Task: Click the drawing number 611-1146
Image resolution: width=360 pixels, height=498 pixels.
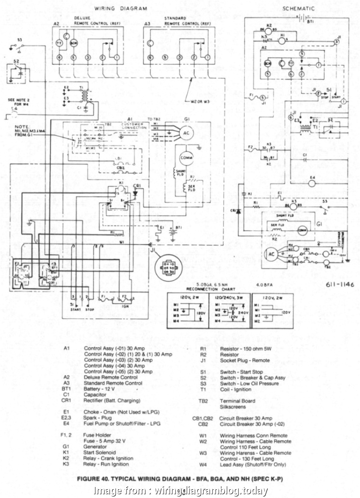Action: click(x=339, y=285)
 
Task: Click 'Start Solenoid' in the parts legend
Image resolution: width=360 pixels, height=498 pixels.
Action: click(x=100, y=452)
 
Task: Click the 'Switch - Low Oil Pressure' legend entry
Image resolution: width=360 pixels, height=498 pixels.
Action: click(x=249, y=384)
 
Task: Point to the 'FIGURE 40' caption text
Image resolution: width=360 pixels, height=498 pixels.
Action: click(x=180, y=479)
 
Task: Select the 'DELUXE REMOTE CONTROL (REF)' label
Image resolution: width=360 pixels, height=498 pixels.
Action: click(x=92, y=20)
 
